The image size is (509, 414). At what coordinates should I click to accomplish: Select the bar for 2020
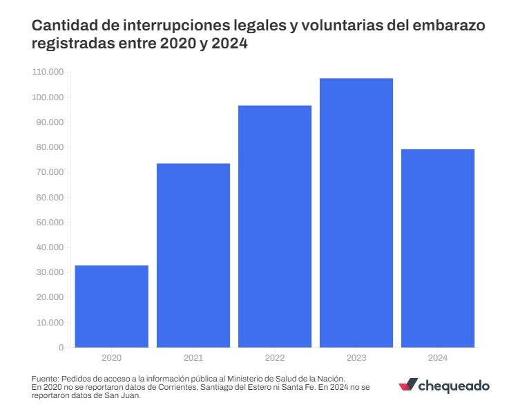click(111, 306)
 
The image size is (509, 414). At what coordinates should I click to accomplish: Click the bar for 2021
click(193, 255)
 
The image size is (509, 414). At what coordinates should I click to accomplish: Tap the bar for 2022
click(275, 226)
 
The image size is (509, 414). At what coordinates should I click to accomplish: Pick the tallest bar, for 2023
click(356, 212)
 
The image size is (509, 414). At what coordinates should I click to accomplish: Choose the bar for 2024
click(438, 248)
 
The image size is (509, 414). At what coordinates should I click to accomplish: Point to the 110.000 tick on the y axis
click(48, 72)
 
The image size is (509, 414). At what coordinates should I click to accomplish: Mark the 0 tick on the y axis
click(61, 348)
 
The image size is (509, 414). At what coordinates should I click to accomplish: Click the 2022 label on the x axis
click(274, 358)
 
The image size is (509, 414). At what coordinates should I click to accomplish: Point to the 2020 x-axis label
click(111, 358)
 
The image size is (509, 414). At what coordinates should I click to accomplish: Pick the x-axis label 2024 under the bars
click(438, 358)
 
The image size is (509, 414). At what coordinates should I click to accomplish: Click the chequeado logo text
click(454, 386)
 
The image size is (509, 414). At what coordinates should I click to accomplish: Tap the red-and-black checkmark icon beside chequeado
click(408, 385)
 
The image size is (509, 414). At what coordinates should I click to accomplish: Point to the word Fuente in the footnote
click(45, 379)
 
